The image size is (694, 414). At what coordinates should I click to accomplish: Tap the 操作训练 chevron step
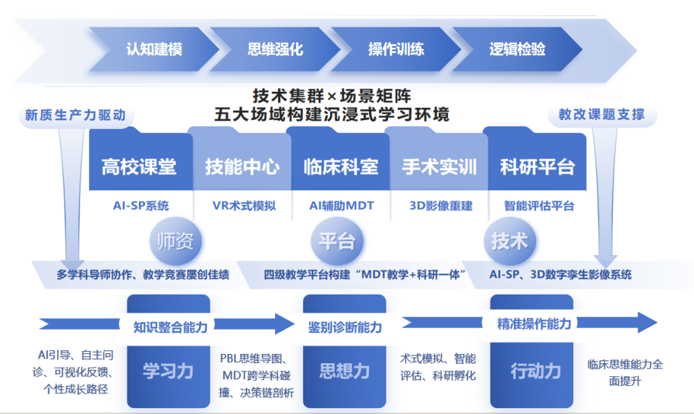click(x=396, y=49)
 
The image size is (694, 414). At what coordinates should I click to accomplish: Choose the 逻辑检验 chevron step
click(x=517, y=49)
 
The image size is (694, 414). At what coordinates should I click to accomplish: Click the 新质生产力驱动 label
click(x=75, y=115)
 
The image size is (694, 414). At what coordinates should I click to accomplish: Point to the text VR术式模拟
click(x=244, y=206)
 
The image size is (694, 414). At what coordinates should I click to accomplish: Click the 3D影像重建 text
click(x=441, y=206)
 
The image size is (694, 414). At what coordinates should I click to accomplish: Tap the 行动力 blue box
click(x=536, y=371)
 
